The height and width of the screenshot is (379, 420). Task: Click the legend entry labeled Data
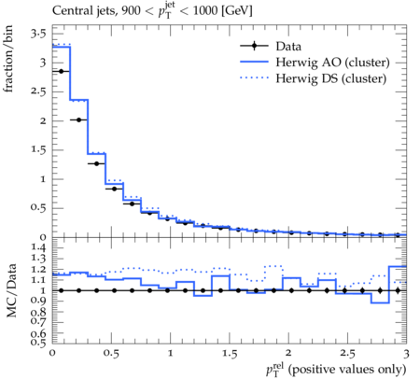288,47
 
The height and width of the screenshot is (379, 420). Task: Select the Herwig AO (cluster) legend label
332,63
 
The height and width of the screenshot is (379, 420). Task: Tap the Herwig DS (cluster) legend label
331,78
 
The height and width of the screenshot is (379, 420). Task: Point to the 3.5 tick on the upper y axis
38,34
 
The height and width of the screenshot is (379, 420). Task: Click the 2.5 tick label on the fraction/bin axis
38,91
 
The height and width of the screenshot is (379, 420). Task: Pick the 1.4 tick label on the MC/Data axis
38,247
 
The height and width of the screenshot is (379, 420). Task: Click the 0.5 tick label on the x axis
111,354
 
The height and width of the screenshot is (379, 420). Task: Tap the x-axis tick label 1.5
230,354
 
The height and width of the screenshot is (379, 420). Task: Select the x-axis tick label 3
406,354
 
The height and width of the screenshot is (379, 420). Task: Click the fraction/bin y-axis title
8,59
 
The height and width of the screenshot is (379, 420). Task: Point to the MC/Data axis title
11,290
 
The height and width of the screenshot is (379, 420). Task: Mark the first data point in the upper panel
61,71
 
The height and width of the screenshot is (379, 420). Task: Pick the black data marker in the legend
254,46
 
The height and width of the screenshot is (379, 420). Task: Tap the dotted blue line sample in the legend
254,77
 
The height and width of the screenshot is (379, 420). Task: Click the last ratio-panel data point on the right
398,290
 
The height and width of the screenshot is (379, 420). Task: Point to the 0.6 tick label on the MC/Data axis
38,334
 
